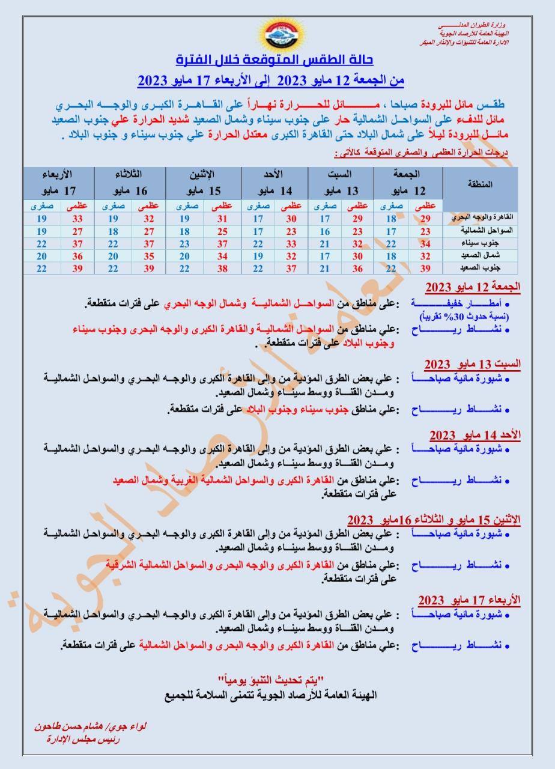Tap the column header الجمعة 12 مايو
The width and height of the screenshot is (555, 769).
tap(411, 182)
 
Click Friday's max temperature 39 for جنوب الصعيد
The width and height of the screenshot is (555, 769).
tap(425, 267)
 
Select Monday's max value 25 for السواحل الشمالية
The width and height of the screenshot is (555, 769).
tap(222, 231)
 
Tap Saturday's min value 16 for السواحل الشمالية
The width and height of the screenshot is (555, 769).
tap(324, 231)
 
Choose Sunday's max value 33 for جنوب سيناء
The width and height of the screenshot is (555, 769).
tap(291, 244)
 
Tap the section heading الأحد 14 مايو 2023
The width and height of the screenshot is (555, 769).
tap(475, 434)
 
